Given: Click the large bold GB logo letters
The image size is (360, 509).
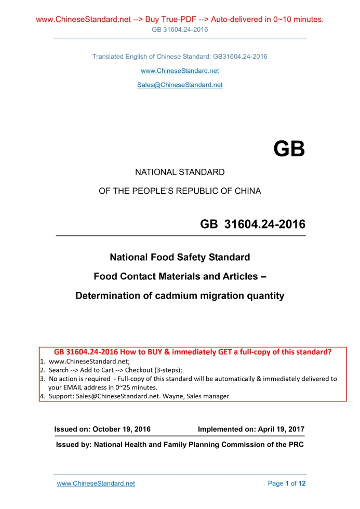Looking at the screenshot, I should click(289, 149).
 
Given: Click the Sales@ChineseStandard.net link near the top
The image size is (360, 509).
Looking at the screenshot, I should click(180, 85).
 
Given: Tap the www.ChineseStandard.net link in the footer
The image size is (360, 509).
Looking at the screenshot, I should click(96, 484).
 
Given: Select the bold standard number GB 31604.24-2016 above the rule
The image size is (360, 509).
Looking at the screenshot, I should click(252, 224).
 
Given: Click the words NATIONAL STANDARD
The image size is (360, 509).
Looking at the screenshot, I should click(180, 172).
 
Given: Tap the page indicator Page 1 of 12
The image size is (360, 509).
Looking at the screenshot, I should click(286, 484).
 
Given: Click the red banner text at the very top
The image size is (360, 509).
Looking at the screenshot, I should click(180, 20).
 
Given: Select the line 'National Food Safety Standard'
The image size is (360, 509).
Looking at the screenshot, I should click(180, 257).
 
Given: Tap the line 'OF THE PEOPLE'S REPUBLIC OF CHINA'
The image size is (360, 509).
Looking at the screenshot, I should click(180, 191).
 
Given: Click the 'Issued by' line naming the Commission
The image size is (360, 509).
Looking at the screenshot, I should click(180, 445).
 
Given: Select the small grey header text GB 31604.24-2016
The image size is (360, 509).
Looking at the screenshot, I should click(180, 30).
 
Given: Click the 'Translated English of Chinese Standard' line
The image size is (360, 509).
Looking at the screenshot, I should click(180, 56).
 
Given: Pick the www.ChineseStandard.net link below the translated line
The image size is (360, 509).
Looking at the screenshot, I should click(180, 71).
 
